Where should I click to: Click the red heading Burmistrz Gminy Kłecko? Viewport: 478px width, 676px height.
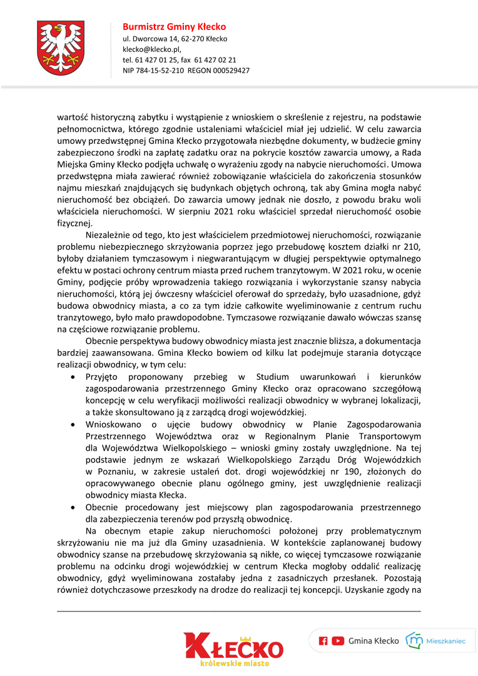point(174,27)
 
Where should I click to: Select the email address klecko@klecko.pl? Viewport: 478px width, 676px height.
point(152,49)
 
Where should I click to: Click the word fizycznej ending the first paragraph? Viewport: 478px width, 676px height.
point(74,223)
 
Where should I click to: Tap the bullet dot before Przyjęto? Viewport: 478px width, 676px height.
point(74,377)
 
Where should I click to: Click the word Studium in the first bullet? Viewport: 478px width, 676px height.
point(272,377)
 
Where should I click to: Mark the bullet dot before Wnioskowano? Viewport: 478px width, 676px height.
point(74,424)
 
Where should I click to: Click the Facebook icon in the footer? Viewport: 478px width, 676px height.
point(323,640)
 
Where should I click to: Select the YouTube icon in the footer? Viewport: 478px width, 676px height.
point(338,640)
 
